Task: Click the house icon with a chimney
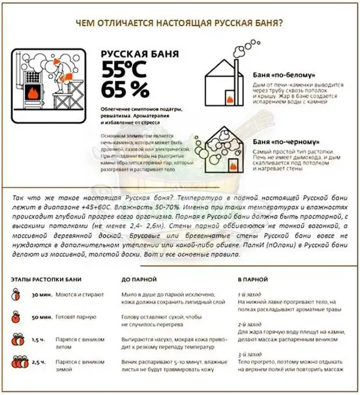(225, 81)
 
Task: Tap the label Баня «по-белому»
(285, 76)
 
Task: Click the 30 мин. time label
(42, 295)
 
